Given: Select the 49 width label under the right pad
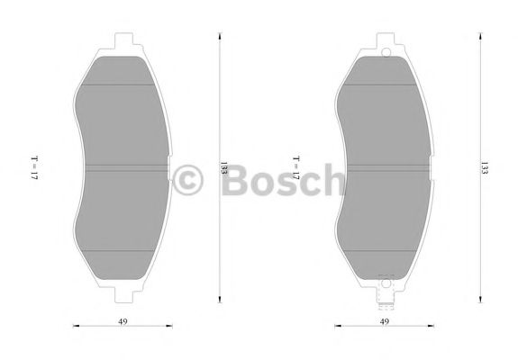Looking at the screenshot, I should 384,319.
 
